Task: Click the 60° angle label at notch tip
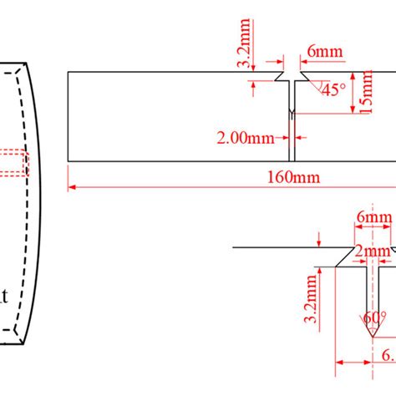373,319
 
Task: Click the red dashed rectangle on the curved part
15,163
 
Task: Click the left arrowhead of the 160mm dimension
73,187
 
